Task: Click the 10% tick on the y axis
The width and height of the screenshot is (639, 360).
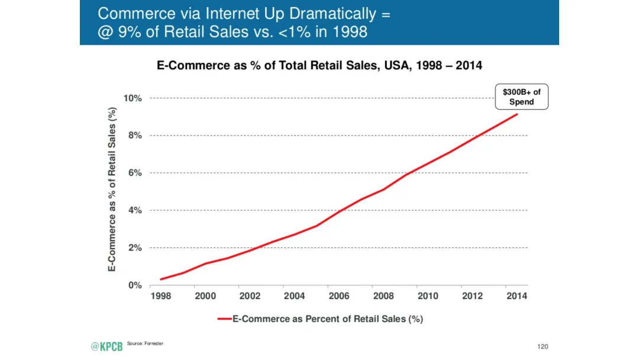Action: click(x=133, y=98)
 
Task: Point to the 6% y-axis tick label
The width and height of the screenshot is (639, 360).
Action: click(x=135, y=173)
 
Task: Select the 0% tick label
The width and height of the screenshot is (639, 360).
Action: click(x=135, y=285)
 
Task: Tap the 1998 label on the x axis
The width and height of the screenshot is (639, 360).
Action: click(x=161, y=296)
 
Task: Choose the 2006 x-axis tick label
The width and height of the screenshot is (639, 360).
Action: click(x=339, y=296)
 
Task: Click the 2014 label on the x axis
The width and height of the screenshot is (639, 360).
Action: click(x=517, y=296)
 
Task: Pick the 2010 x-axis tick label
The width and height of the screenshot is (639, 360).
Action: click(x=428, y=296)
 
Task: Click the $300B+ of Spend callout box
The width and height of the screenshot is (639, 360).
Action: click(x=521, y=97)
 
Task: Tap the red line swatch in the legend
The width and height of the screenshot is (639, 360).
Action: click(x=224, y=319)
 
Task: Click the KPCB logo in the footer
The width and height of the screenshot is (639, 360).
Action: click(x=106, y=346)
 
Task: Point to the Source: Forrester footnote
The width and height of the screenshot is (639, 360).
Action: click(x=145, y=344)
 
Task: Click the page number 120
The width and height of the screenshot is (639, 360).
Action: click(x=543, y=346)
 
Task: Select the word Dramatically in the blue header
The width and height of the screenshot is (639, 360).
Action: click(x=332, y=13)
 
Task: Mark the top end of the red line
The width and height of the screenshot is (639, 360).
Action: click(x=517, y=114)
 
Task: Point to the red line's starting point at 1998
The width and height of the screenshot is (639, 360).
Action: click(x=161, y=279)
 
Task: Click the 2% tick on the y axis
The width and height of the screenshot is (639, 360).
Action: click(x=135, y=248)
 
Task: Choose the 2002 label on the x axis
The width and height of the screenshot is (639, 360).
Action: click(x=250, y=296)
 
